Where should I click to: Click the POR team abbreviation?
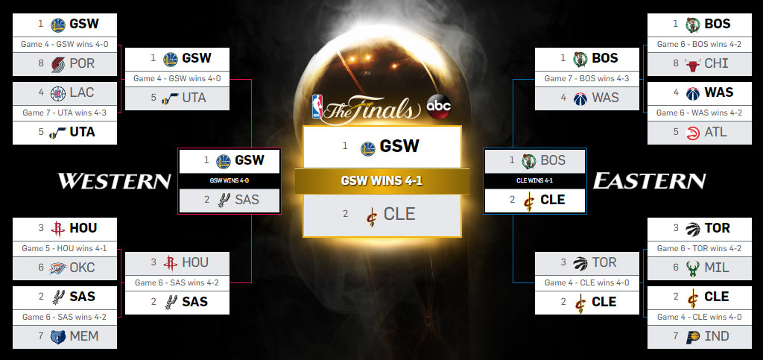[x=82, y=64]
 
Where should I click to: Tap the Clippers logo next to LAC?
[x=57, y=94]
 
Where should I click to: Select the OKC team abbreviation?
[x=82, y=268]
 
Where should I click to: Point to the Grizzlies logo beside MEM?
[x=57, y=337]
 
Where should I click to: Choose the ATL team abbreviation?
[x=716, y=133]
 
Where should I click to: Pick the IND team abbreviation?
[x=716, y=337]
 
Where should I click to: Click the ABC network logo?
[x=438, y=107]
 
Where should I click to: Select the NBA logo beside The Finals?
[x=319, y=107]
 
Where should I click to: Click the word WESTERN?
[x=114, y=181]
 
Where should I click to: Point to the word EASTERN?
[x=648, y=181]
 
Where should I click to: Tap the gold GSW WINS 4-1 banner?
[x=381, y=181]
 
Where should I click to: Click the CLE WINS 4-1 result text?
[x=535, y=180]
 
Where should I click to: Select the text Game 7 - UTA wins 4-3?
[x=66, y=113]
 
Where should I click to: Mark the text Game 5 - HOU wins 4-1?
[x=66, y=248]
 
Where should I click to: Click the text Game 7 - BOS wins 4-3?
[x=587, y=78]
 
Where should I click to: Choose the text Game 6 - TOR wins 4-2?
[x=699, y=248]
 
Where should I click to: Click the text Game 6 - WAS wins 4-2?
[x=699, y=113]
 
